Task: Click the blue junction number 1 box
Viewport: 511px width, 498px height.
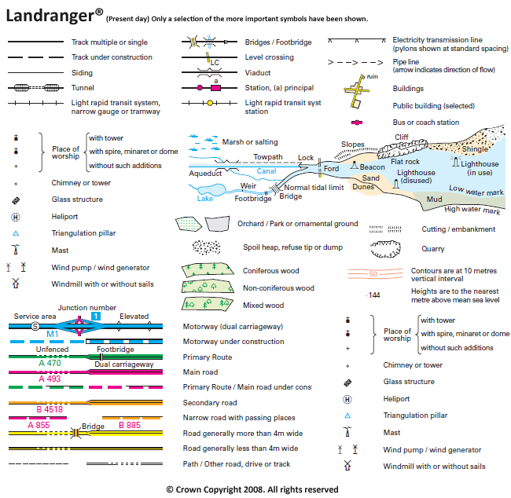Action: click(95, 316)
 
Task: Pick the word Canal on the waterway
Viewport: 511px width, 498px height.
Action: click(267, 170)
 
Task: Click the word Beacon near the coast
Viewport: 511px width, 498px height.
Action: click(373, 167)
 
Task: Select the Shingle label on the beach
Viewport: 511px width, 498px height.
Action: click(474, 149)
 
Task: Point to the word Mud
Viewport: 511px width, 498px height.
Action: click(433, 200)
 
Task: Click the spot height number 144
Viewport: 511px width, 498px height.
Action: click(374, 295)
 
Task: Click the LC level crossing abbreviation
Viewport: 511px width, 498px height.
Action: click(215, 62)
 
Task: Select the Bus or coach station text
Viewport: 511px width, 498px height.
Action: click(426, 123)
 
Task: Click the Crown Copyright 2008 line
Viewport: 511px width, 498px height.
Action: click(252, 489)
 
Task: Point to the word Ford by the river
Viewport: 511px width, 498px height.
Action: click(331, 169)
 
